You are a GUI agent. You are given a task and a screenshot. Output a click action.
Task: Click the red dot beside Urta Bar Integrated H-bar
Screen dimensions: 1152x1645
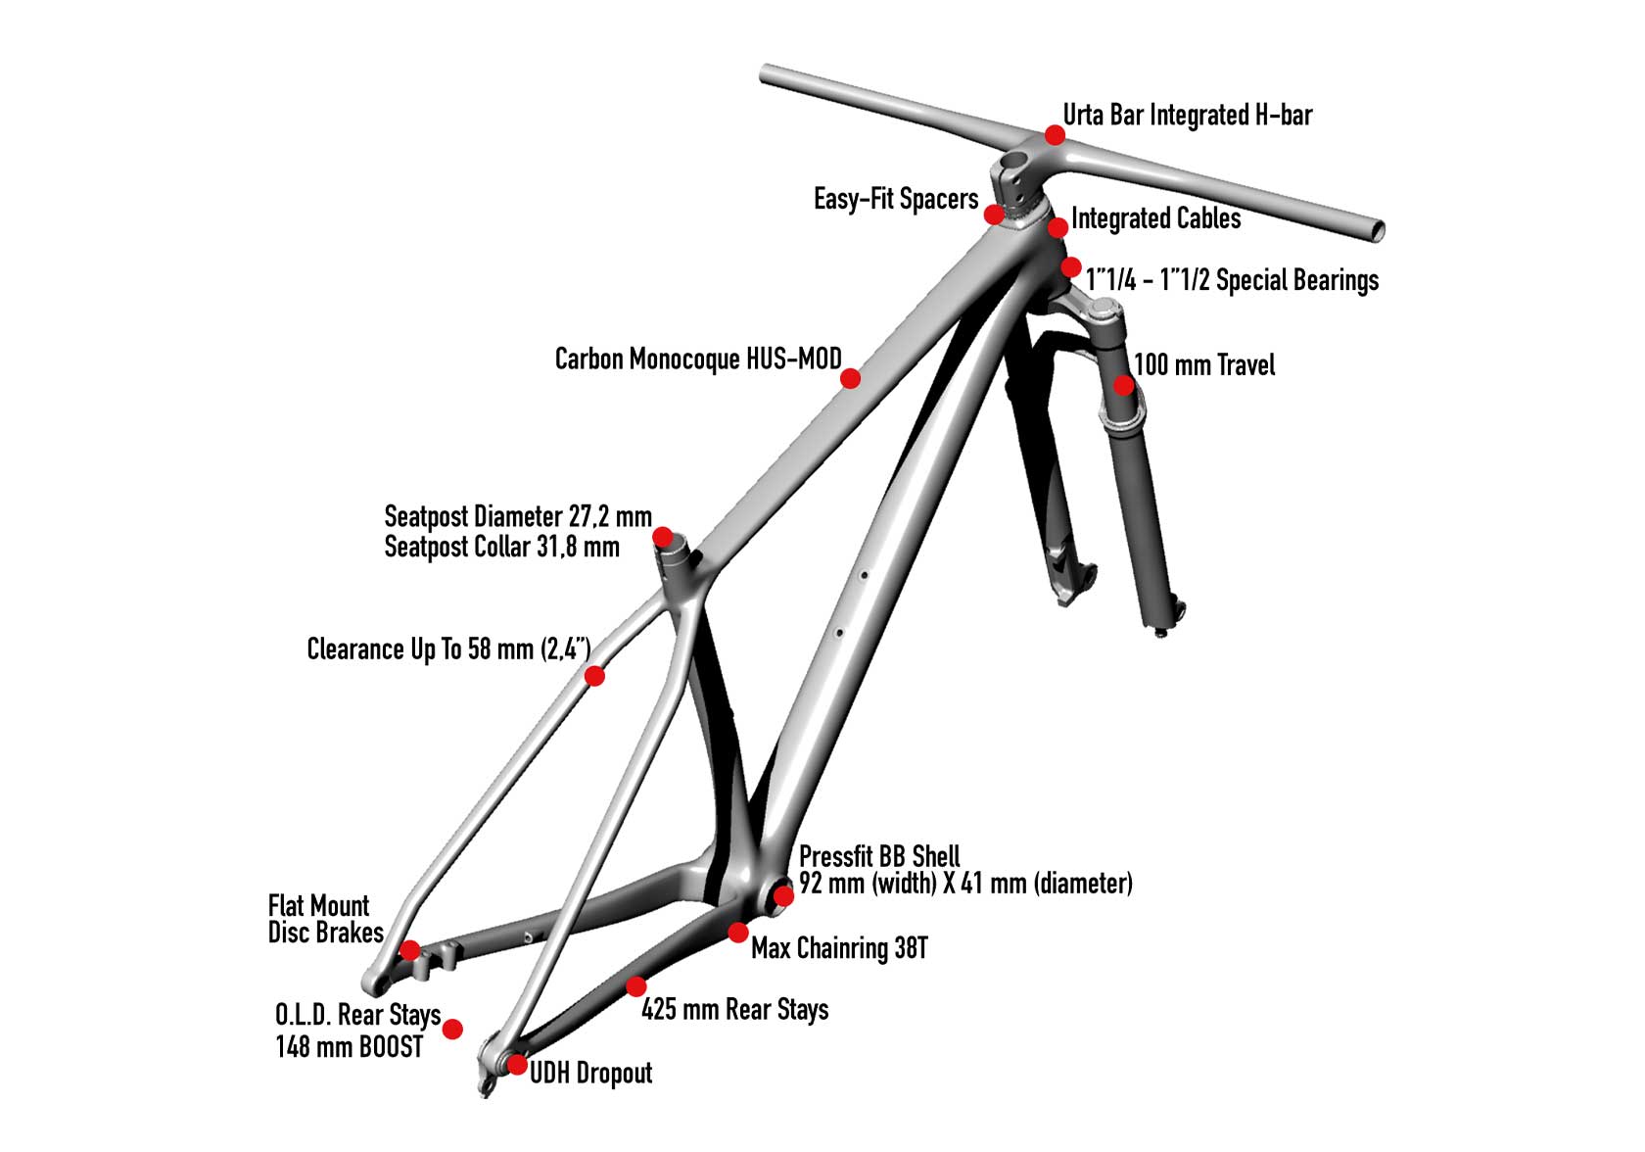click(x=1055, y=134)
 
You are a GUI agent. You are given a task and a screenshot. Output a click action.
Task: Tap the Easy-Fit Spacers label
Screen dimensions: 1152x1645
click(x=895, y=200)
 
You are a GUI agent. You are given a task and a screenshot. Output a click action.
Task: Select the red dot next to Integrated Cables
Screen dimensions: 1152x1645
click(x=1057, y=228)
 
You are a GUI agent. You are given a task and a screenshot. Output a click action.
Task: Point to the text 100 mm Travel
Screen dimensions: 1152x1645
click(x=1204, y=365)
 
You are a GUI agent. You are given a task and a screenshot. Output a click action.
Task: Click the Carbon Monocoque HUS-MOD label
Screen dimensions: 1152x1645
click(x=697, y=360)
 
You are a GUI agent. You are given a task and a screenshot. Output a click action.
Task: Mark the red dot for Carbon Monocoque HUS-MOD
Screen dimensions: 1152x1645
click(x=851, y=377)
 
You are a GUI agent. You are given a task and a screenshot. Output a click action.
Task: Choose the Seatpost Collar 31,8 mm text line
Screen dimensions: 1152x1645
click(x=501, y=547)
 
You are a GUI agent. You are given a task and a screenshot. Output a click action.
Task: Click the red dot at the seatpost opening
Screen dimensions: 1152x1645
click(x=663, y=537)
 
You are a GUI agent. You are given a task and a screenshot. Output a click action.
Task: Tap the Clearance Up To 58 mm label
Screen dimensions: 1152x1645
click(x=448, y=649)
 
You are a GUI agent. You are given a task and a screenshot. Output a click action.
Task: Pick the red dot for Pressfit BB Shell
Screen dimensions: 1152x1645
click(x=783, y=895)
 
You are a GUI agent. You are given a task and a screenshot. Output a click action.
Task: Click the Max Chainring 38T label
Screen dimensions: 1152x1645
click(x=839, y=948)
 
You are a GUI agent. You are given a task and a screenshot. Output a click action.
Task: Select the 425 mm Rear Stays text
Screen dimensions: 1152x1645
click(x=734, y=1009)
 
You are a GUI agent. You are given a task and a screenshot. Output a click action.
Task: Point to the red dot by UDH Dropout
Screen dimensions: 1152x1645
click(x=518, y=1064)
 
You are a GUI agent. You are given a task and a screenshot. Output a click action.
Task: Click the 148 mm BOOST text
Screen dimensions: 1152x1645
click(x=350, y=1046)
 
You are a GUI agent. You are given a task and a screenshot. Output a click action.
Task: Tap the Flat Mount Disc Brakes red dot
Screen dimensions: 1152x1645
click(x=410, y=950)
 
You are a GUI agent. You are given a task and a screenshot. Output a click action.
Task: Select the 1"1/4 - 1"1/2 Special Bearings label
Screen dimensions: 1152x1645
click(x=1232, y=280)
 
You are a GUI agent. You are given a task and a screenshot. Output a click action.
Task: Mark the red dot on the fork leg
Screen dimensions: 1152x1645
click(x=1124, y=385)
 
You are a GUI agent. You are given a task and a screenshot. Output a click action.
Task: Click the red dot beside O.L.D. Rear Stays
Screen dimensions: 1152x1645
click(x=452, y=1029)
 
